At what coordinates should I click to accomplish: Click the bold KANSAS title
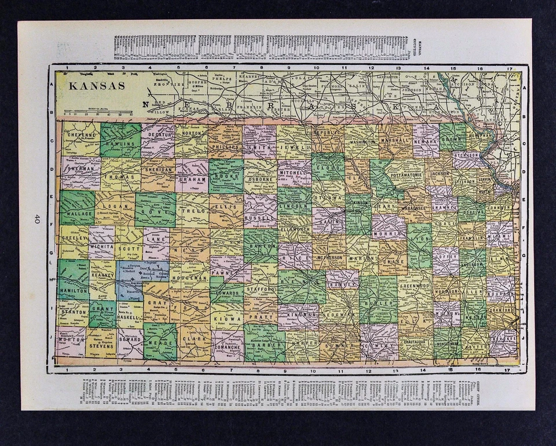[97, 86]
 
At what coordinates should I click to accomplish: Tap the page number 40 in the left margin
[36, 218]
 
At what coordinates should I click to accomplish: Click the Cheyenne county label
[81, 134]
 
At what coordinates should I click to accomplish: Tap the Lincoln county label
[294, 207]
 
